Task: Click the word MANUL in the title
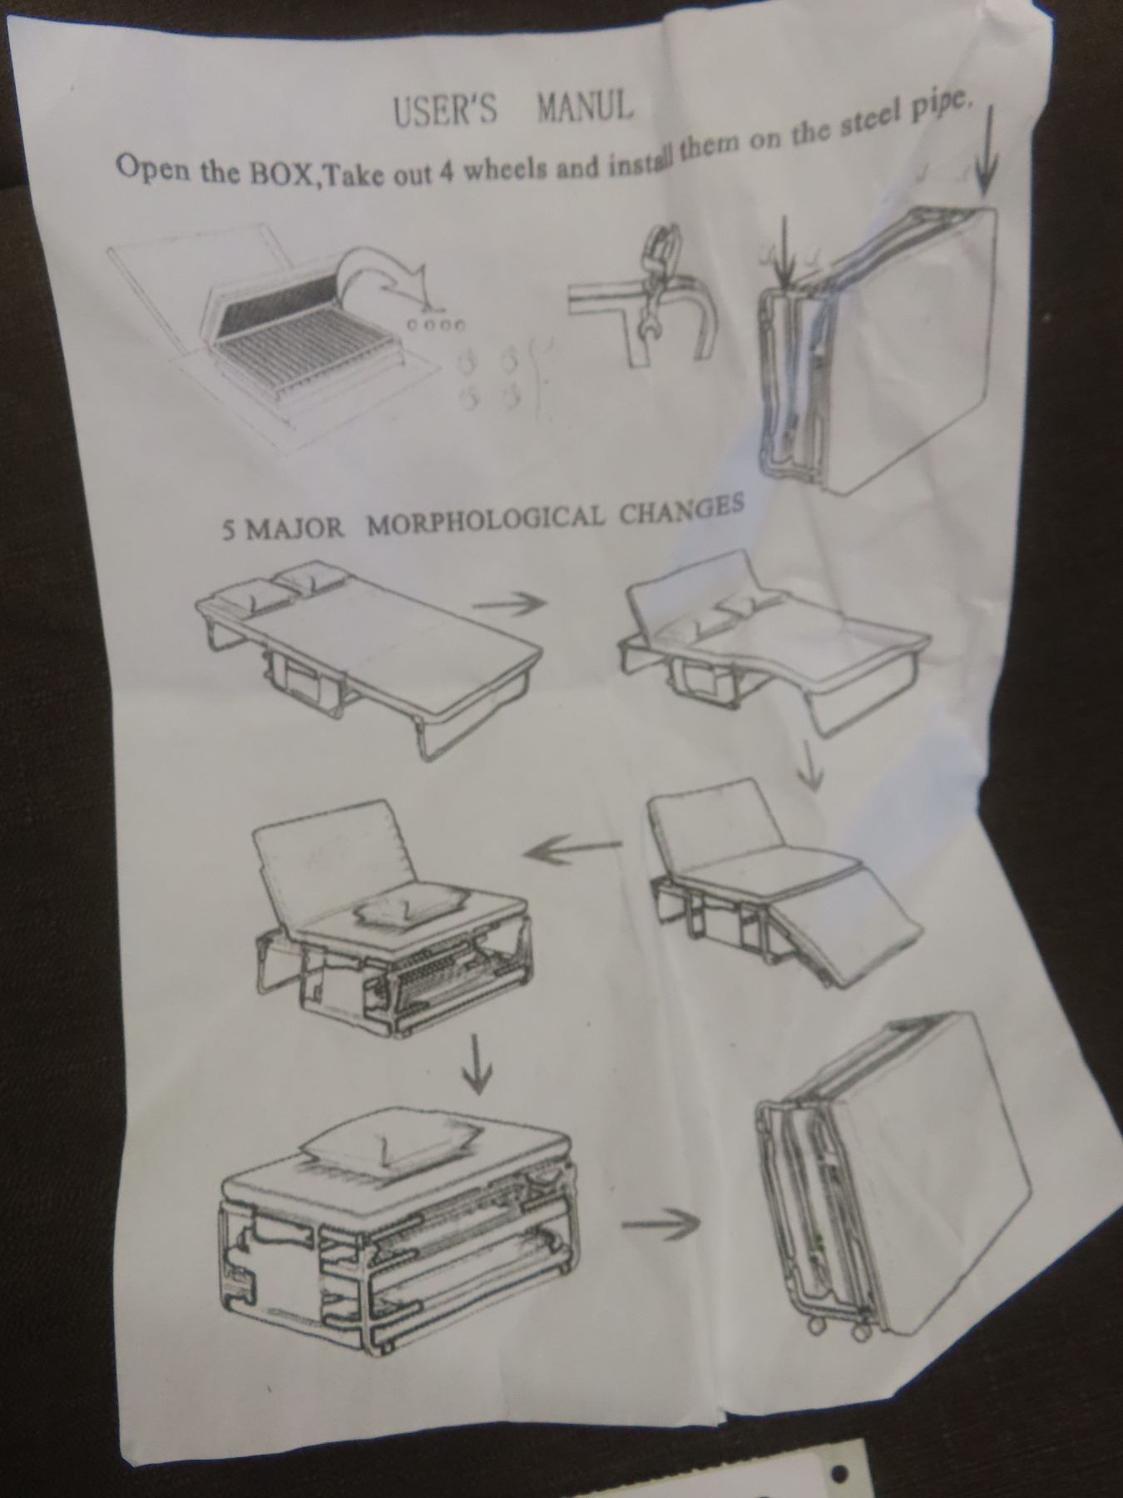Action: [x=585, y=107]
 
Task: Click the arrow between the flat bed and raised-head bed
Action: [x=508, y=606]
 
